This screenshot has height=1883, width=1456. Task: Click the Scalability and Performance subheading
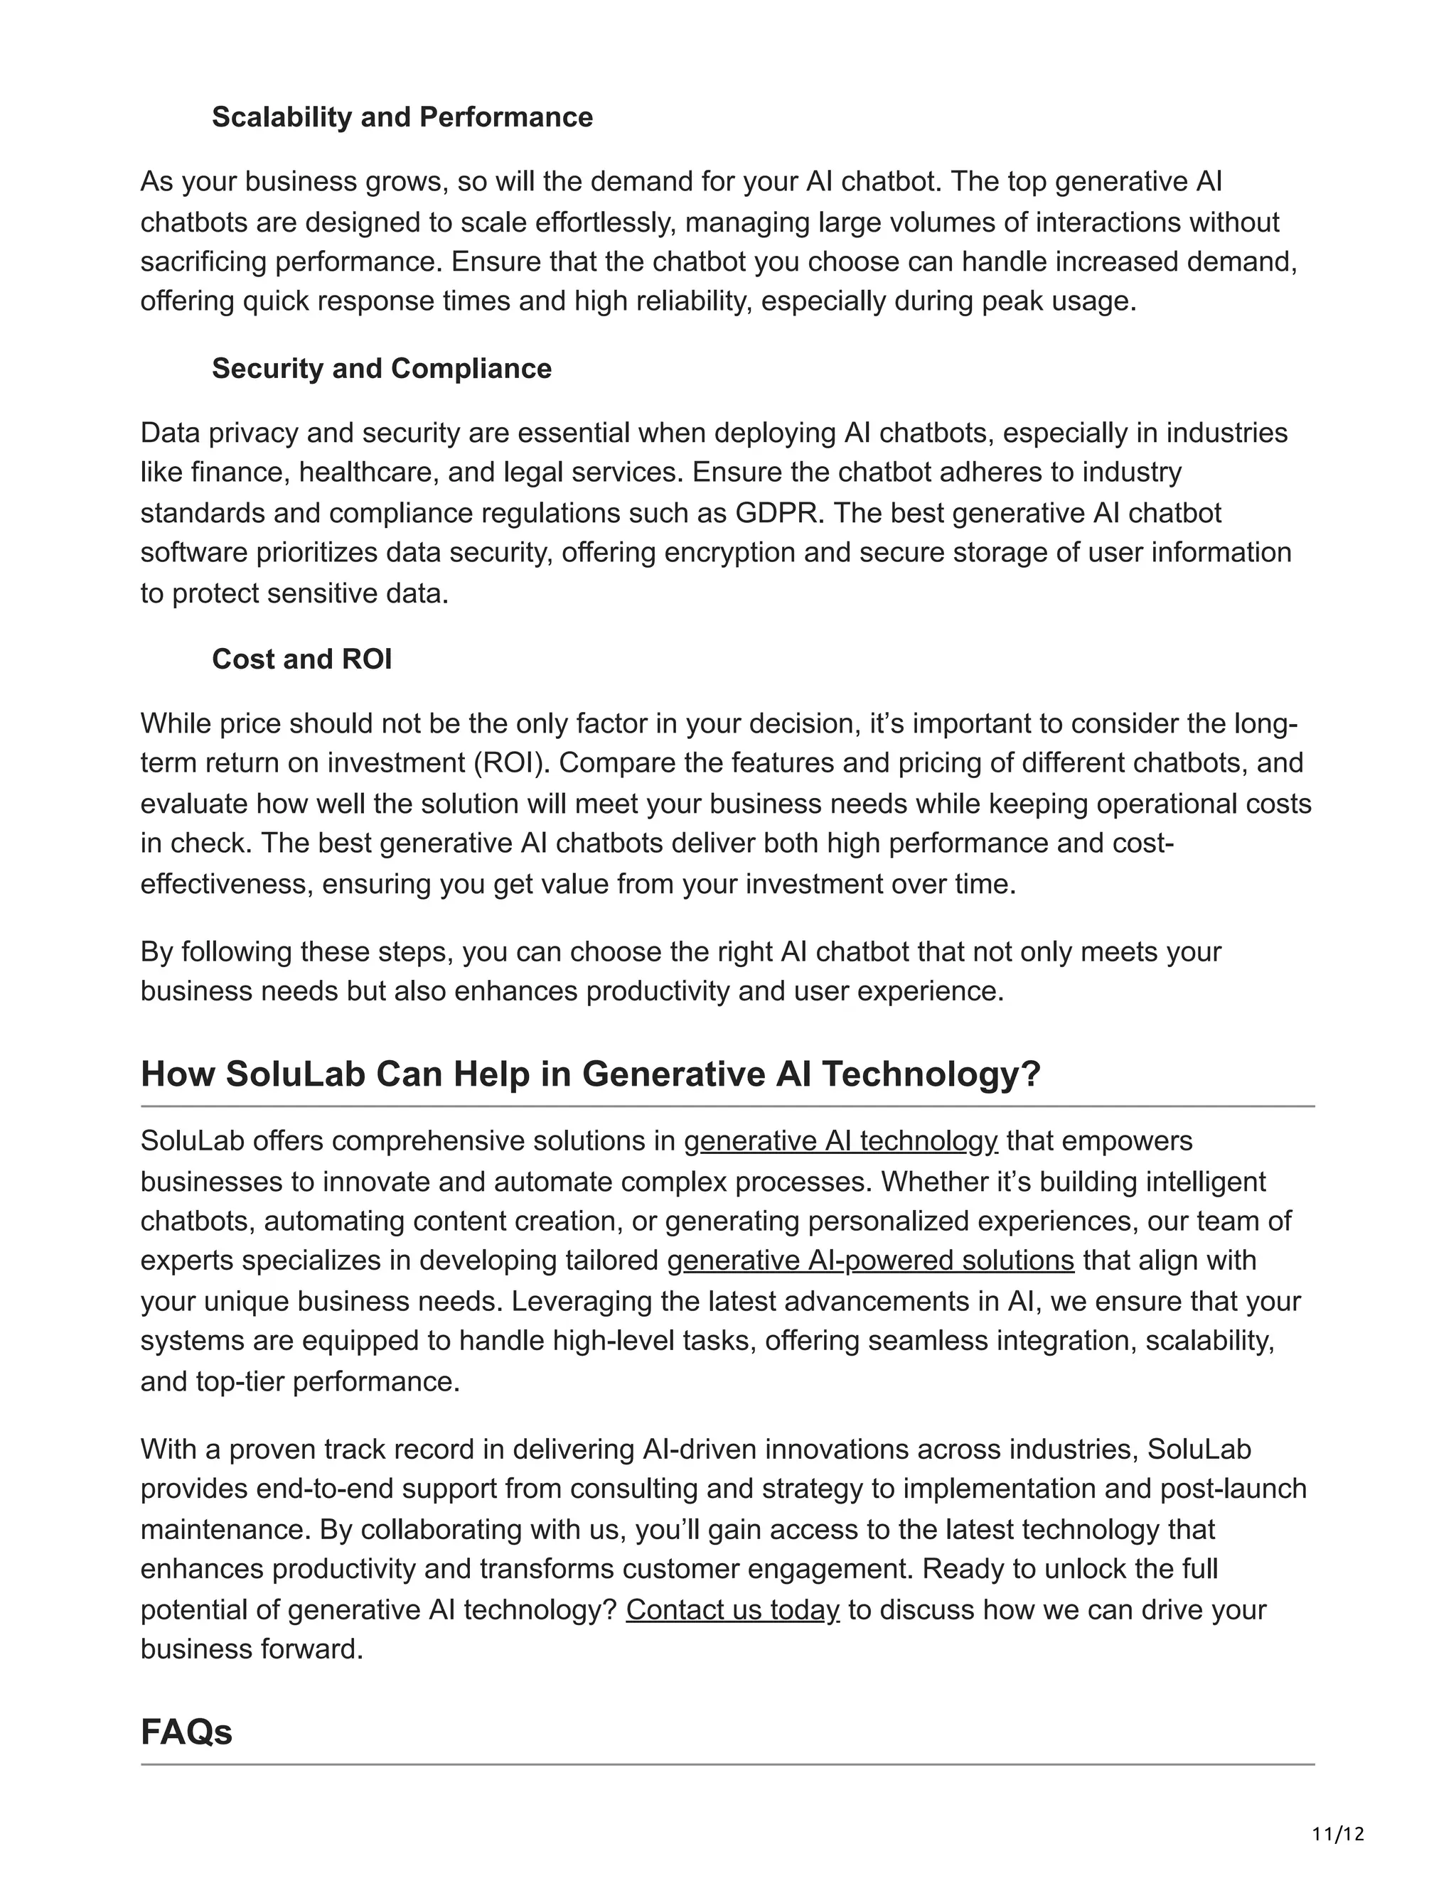(402, 117)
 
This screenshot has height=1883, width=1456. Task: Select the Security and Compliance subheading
(381, 368)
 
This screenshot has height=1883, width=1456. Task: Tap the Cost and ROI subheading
(302, 659)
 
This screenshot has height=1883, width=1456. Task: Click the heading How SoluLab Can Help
(590, 1074)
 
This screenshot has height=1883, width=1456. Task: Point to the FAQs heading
(186, 1732)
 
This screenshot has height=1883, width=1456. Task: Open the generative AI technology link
(840, 1142)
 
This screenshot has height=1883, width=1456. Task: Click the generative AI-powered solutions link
(870, 1261)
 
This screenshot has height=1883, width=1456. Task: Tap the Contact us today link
(732, 1609)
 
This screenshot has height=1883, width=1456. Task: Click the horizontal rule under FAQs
(727, 1765)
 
